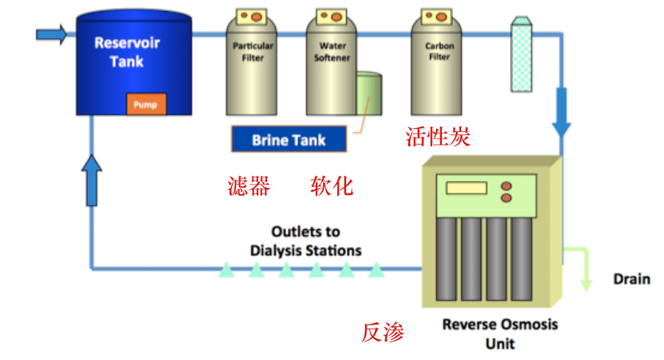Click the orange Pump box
tap(146, 104)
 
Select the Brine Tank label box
tap(288, 139)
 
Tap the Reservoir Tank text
tap(127, 52)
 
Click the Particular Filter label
tap(253, 52)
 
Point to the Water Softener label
tap(332, 52)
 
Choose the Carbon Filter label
tap(439, 51)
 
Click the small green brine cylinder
tap(370, 93)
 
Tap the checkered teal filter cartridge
tap(522, 54)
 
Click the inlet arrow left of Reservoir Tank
tap(51, 35)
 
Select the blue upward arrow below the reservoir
tap(91, 180)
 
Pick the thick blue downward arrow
tap(561, 112)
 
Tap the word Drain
tap(632, 279)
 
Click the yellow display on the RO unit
tap(466, 187)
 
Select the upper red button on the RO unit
tap(506, 186)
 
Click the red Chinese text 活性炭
tap(438, 136)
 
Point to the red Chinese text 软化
tap(331, 186)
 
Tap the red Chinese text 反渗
tap(383, 332)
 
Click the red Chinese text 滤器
tap(249, 186)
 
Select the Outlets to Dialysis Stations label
tap(305, 241)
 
